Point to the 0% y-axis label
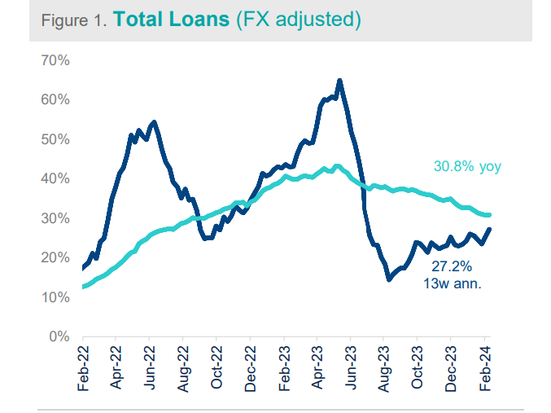point(59,336)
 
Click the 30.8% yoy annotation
point(466,167)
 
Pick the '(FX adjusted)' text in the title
point(297,20)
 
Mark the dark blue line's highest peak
point(339,80)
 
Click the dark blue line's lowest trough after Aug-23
point(389,279)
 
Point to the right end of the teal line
point(489,215)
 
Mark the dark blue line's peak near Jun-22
point(154,122)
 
